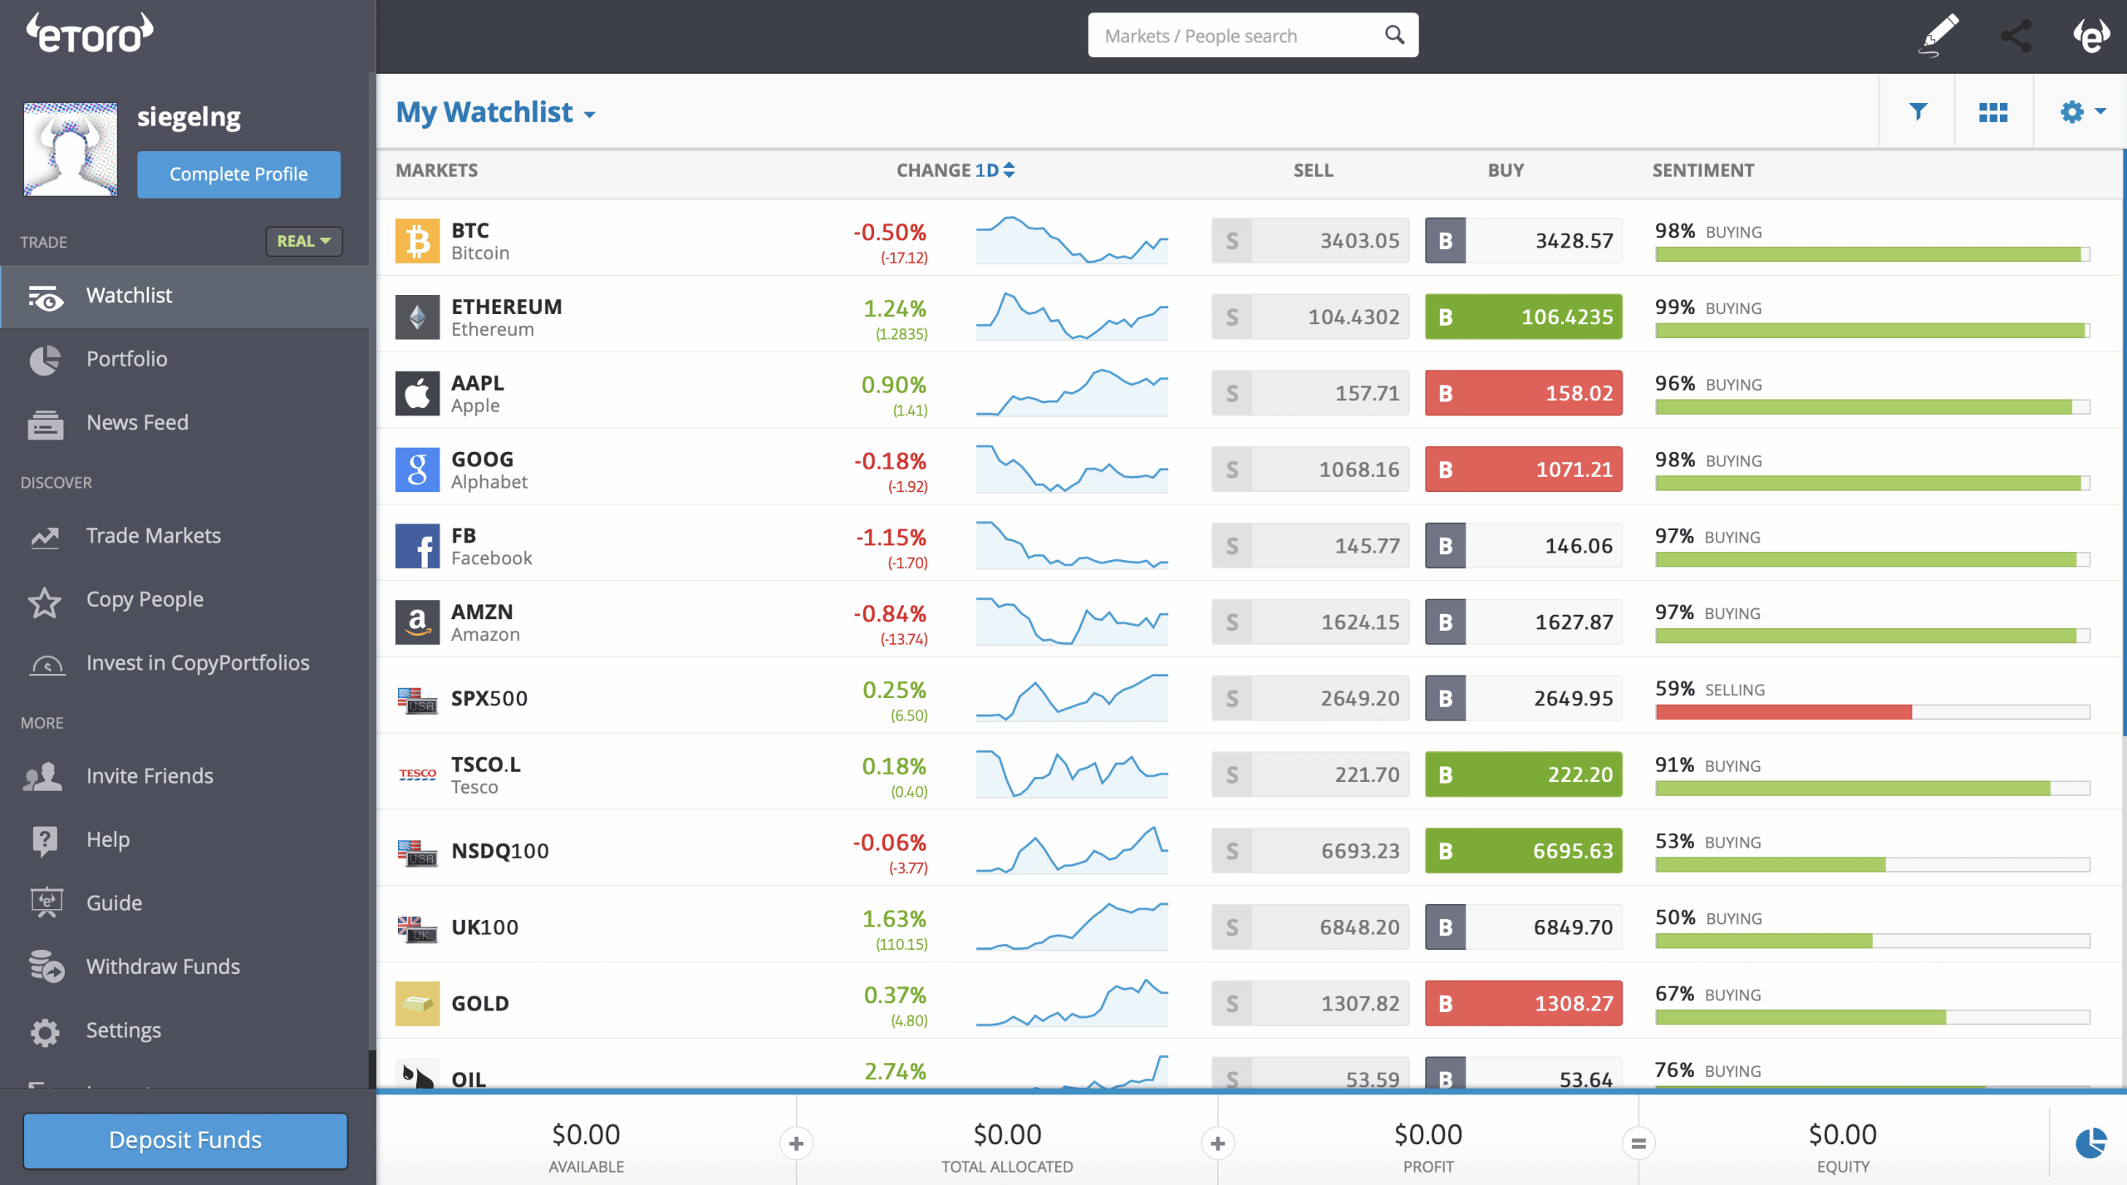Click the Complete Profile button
tap(238, 175)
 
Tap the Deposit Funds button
tap(185, 1140)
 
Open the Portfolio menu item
tap(126, 359)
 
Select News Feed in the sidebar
tap(137, 423)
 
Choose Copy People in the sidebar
tap(145, 599)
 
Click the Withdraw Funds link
tap(163, 966)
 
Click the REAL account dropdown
tap(304, 241)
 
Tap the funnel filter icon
tap(1918, 112)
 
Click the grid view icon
tap(1993, 112)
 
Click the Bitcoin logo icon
tap(417, 241)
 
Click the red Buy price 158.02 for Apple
tap(1524, 393)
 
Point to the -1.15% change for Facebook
tap(891, 538)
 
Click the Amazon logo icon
tap(417, 622)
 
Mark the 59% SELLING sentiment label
tap(1710, 690)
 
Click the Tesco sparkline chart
tap(1072, 774)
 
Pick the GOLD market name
tap(480, 1004)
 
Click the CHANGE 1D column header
tap(955, 170)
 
